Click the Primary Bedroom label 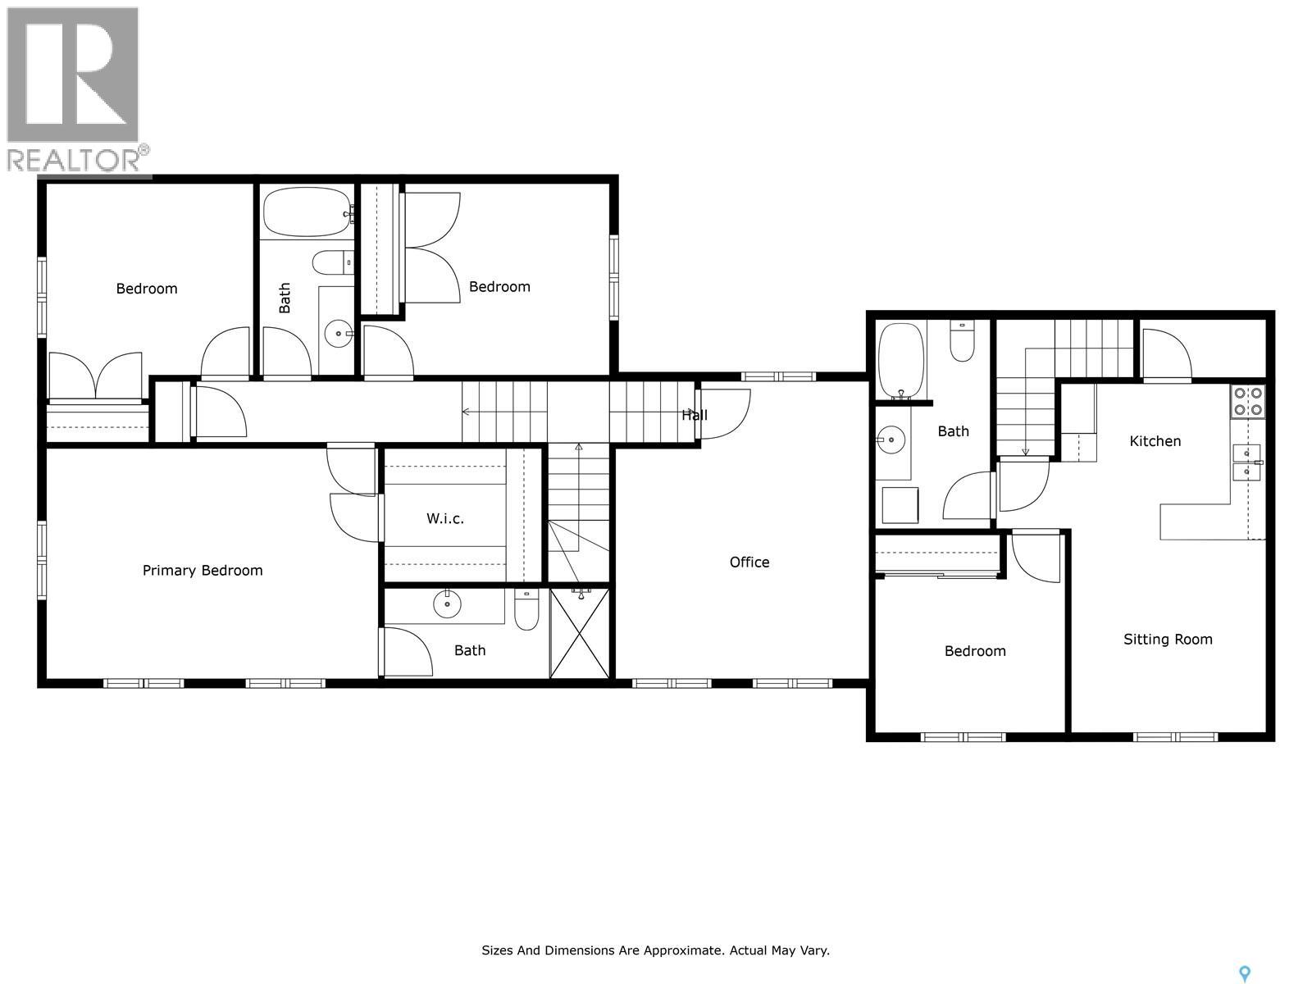tap(203, 571)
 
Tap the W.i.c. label tap(445, 518)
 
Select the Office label tap(749, 563)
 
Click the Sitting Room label tap(1168, 640)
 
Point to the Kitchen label tap(1155, 441)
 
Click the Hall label tap(695, 415)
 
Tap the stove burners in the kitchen tap(1247, 401)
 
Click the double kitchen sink tap(1246, 462)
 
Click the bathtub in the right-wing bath tap(901, 360)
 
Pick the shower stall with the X tap(580, 633)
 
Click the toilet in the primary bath tap(526, 610)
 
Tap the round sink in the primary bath tap(447, 605)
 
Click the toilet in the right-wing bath tap(962, 342)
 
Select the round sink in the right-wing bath tap(891, 440)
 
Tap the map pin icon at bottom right tap(1245, 973)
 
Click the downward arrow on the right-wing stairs tap(1025, 450)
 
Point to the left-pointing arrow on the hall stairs tap(467, 412)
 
